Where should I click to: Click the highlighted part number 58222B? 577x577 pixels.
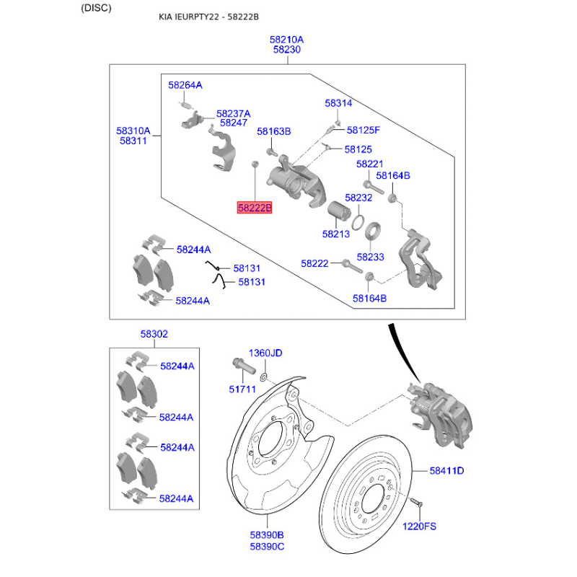pos(255,208)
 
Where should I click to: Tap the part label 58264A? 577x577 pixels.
pos(185,85)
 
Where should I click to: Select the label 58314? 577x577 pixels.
pos(338,103)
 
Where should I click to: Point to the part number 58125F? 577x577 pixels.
pos(363,131)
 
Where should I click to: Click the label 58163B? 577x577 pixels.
pos(274,131)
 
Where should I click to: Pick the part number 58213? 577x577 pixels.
pos(336,234)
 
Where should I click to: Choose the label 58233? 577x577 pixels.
pos(370,257)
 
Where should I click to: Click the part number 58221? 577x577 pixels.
pos(369,164)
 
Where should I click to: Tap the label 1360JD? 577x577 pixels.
pos(265,353)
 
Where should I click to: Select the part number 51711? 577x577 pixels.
pos(243,390)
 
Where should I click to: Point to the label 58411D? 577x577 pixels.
pos(446,471)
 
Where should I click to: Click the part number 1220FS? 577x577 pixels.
pos(420,527)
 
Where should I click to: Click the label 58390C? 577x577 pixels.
pos(267,546)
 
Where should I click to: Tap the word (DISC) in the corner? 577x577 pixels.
pos(97,8)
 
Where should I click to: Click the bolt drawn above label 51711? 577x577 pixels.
pos(241,366)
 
